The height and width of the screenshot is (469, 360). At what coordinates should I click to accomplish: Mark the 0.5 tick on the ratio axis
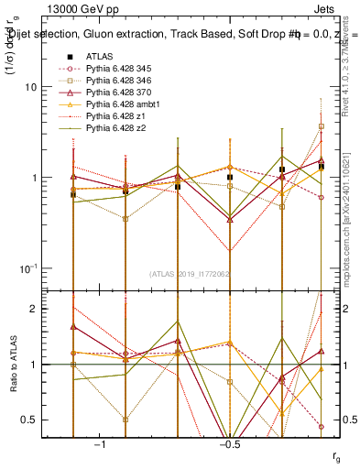click(x=45, y=420)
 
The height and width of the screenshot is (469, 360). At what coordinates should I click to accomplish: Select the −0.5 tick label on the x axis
click(x=229, y=443)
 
